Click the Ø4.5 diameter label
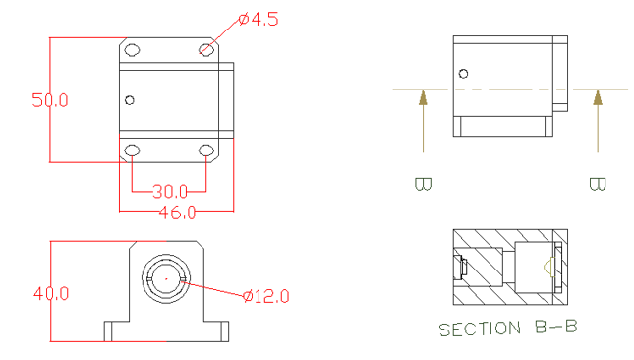(x=259, y=19)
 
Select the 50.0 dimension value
(x=50, y=100)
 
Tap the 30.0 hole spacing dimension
(x=170, y=192)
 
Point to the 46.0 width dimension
(x=177, y=212)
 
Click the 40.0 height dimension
(x=51, y=293)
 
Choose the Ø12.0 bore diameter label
(x=266, y=296)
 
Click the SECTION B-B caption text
(x=508, y=329)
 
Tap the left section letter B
(x=424, y=184)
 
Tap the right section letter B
(x=598, y=184)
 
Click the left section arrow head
(x=423, y=97)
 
